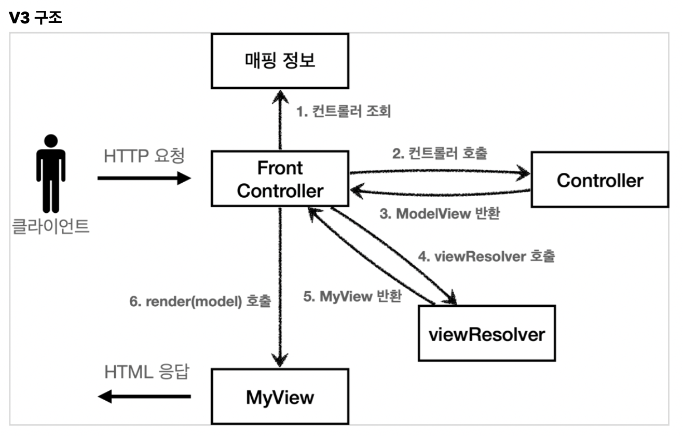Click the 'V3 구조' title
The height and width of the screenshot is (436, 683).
coord(35,17)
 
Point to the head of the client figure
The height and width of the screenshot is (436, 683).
coord(51,141)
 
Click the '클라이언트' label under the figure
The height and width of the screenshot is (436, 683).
coord(50,226)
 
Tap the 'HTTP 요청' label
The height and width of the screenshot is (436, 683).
coord(144,156)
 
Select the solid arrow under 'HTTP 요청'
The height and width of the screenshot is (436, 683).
coord(144,178)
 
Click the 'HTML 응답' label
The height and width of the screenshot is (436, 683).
coord(147,372)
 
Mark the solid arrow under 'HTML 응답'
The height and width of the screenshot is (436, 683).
coord(144,397)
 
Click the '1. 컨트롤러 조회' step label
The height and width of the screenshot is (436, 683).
coord(344,111)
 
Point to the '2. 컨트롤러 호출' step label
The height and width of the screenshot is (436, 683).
coord(440,153)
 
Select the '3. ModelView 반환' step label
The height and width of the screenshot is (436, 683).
coord(440,213)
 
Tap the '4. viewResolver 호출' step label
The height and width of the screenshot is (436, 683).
coord(486,256)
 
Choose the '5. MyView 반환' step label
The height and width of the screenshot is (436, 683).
coord(352,296)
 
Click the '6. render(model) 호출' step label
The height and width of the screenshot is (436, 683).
coord(200,301)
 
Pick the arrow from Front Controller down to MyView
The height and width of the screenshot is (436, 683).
coord(280,287)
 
